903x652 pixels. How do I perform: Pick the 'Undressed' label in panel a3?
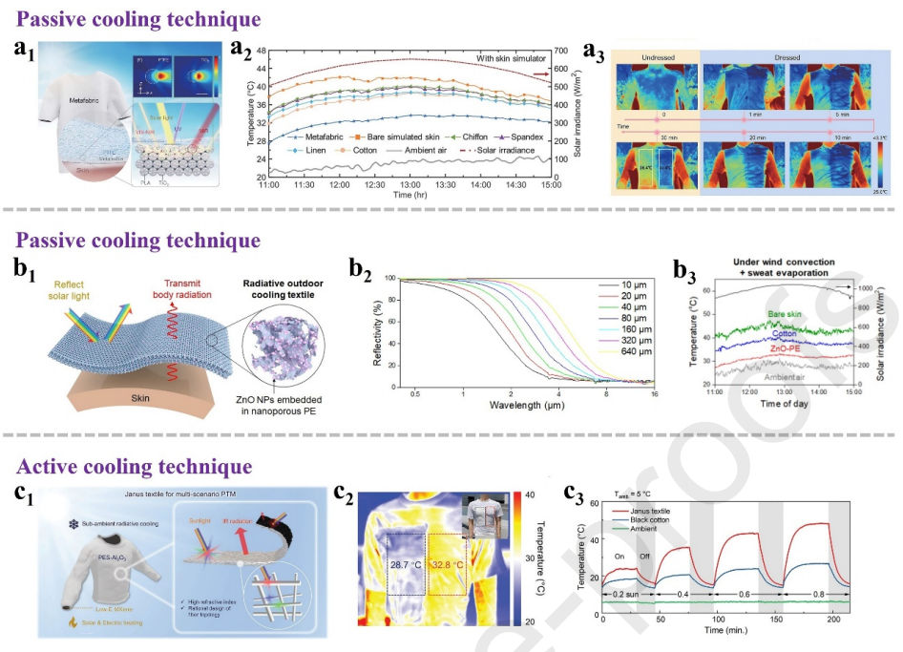coord(658,57)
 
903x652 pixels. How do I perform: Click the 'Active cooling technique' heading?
coord(134,467)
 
